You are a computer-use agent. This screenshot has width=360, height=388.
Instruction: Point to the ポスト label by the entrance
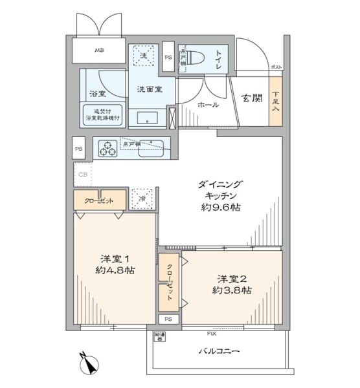pos(276,67)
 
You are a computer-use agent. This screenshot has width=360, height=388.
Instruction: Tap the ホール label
pos(208,104)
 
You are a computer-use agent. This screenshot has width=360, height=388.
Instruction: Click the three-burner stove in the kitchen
pos(107,149)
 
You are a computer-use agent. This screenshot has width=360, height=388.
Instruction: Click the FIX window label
pos(211,334)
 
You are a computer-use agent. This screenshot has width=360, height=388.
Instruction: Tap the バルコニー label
pos(219,351)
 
